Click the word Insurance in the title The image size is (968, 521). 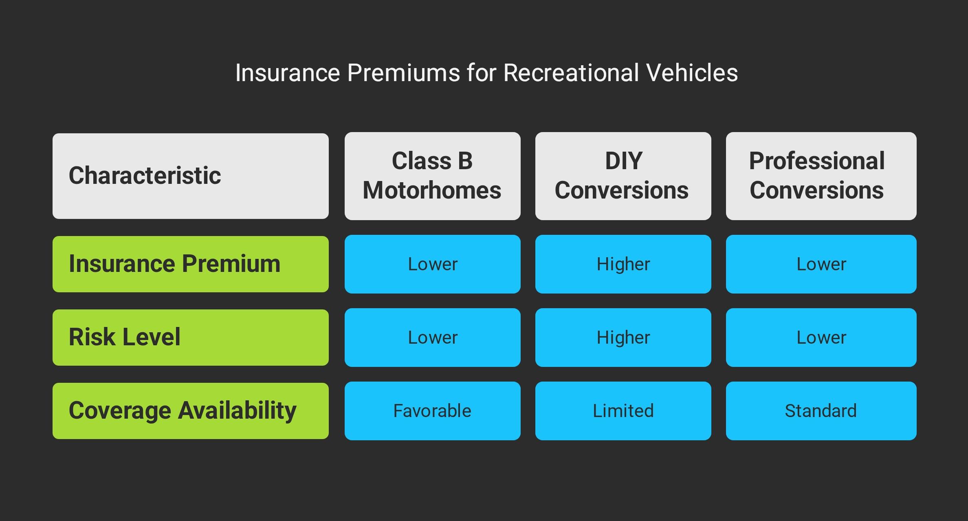click(288, 73)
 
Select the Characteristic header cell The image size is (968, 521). click(191, 176)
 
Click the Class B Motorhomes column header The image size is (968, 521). click(433, 176)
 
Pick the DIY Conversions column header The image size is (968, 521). click(623, 176)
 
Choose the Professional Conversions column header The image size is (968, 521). click(821, 176)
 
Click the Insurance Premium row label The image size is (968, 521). click(191, 264)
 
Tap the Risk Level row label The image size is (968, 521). click(191, 338)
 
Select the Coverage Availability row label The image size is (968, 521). click(191, 411)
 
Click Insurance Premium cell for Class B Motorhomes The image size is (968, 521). click(433, 264)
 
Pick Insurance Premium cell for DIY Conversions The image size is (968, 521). click(623, 264)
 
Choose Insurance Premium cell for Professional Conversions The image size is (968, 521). click(821, 264)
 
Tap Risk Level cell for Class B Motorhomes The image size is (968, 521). click(433, 338)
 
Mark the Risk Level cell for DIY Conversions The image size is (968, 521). click(623, 338)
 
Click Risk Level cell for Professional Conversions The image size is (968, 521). click(821, 338)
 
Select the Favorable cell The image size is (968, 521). click(433, 411)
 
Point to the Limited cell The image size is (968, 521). click(623, 411)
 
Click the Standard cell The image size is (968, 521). click(821, 411)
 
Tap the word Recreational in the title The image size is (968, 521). click(571, 73)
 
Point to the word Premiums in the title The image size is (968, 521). click(404, 73)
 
